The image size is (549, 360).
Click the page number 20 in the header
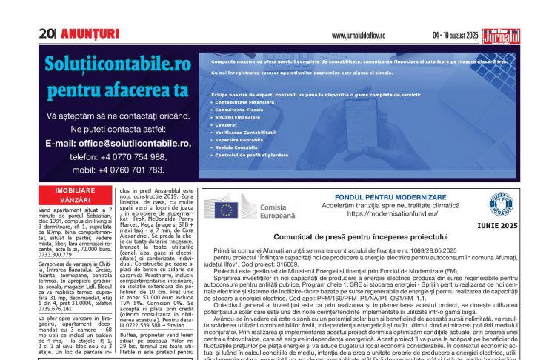point(47,33)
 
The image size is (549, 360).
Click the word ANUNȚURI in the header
point(89,33)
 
